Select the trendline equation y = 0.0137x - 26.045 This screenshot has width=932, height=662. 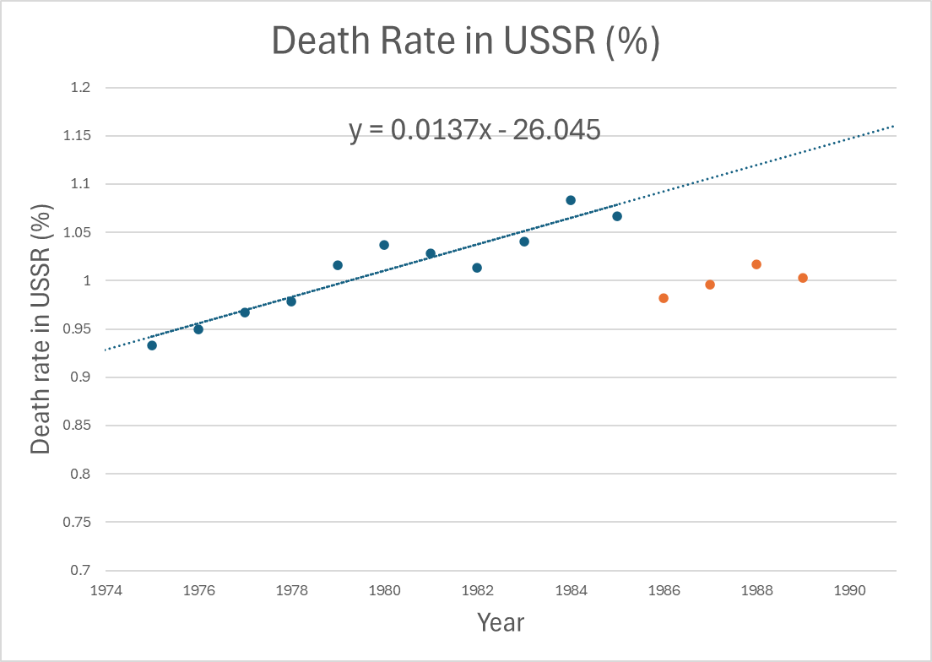coord(474,130)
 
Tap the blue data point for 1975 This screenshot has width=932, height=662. coord(152,345)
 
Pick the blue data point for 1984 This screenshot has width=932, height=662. coord(571,200)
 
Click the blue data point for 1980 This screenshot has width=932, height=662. coord(384,245)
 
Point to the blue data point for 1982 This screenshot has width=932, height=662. coord(477,268)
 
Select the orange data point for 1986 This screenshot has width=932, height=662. coord(664,298)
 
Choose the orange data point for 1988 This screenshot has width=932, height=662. coord(756,264)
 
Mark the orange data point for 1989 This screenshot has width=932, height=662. coord(803,278)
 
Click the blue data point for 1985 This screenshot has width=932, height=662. coord(617,216)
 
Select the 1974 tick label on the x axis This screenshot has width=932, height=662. coord(105,590)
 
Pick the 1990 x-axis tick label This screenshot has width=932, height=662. coord(849,590)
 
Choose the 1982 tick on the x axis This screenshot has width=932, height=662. coord(477,590)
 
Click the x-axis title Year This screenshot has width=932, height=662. coord(501,623)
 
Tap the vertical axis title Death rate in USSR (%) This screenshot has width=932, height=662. coord(41,328)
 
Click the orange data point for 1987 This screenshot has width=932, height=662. coord(710,285)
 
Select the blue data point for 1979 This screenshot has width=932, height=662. coord(338,265)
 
